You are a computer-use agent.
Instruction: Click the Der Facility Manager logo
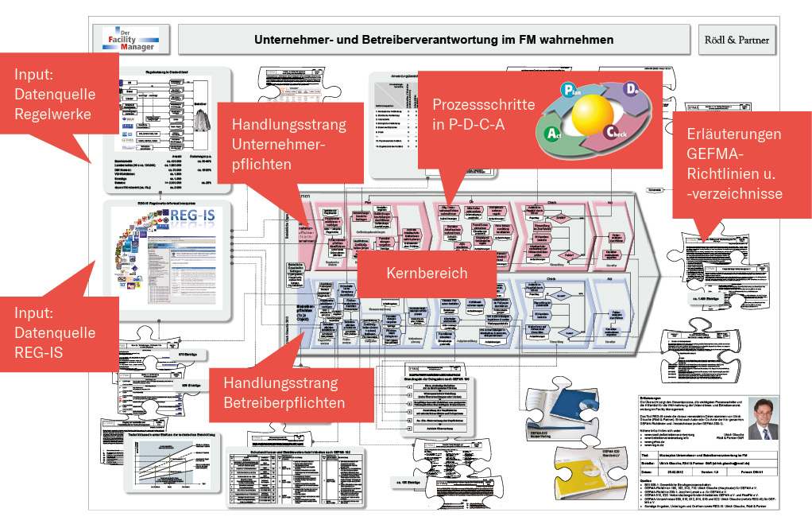[127, 38]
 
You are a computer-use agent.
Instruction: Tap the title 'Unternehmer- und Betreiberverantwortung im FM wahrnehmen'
[434, 39]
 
